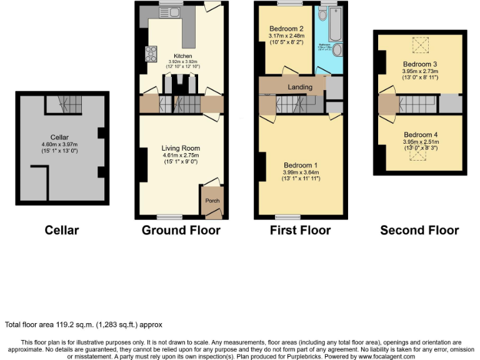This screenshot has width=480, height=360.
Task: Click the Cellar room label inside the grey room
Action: [x=61, y=137]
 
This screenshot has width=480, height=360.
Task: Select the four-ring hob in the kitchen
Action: [x=151, y=55]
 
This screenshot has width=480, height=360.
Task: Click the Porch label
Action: [x=212, y=201]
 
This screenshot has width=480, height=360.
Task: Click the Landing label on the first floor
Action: [x=300, y=87]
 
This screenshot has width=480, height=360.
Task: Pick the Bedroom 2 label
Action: [x=286, y=29]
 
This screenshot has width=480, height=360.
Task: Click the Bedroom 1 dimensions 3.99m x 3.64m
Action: [x=300, y=172]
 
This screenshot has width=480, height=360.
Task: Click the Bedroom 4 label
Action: [x=421, y=135]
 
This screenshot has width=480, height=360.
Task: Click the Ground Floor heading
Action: [x=181, y=230]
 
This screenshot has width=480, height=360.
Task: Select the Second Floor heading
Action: [x=419, y=230]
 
